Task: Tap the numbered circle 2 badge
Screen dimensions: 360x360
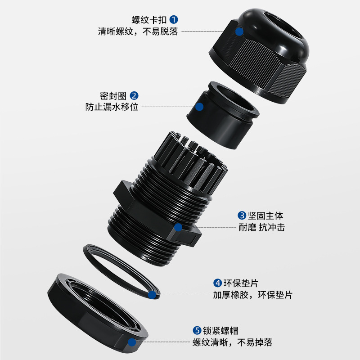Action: pyautogui.click(x=134, y=95)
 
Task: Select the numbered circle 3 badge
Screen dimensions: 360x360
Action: pyautogui.click(x=242, y=216)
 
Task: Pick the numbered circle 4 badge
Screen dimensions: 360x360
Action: pyautogui.click(x=217, y=283)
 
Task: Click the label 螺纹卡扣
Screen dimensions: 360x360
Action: pyautogui.click(x=150, y=19)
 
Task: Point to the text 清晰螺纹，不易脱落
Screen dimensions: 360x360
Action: pyautogui.click(x=138, y=31)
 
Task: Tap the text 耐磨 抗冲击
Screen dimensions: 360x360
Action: pyautogui.click(x=261, y=227)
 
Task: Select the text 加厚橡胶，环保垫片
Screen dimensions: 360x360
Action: pyautogui.click(x=252, y=295)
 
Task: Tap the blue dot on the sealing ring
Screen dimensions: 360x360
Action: pyautogui.click(x=199, y=107)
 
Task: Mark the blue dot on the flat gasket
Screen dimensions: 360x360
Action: pyautogui.click(x=153, y=295)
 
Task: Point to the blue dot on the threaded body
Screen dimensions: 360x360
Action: pyautogui.click(x=179, y=228)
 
